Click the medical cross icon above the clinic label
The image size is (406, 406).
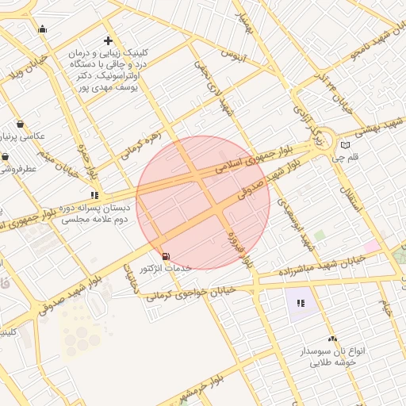pos(108,40)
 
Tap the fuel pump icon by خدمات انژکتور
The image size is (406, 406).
pos(165,255)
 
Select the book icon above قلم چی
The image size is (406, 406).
pos(345,145)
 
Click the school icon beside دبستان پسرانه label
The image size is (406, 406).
pos(95,194)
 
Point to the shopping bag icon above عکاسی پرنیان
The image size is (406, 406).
pos(20,124)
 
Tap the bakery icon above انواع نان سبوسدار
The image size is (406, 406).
pos(331,339)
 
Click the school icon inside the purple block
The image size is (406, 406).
pos(301,303)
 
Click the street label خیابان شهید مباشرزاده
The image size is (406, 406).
pos(317,266)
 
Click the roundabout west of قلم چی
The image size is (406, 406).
pos(320,140)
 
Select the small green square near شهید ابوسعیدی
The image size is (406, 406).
pos(319,236)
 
